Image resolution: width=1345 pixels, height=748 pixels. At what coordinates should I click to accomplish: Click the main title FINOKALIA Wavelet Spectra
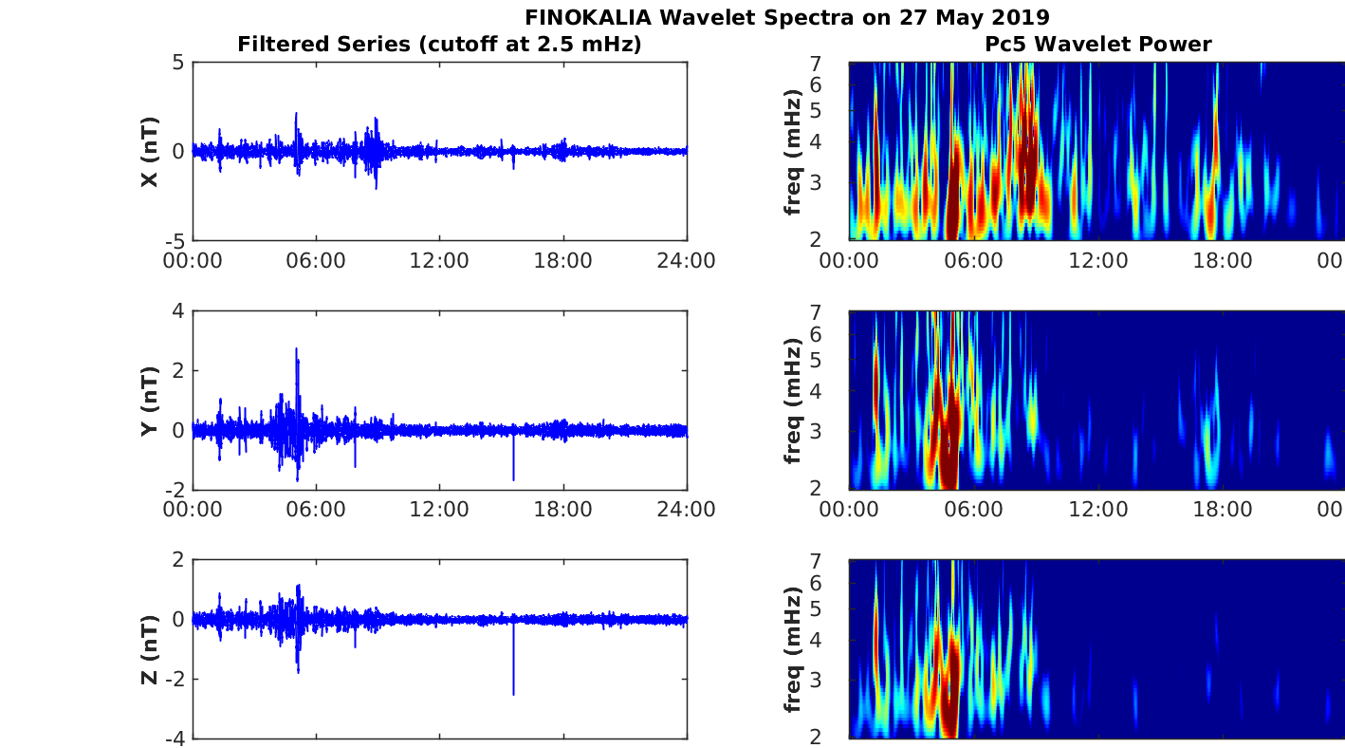(786, 17)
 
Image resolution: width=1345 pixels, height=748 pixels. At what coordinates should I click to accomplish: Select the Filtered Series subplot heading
(439, 44)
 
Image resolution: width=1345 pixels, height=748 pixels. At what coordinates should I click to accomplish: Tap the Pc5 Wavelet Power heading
(1097, 44)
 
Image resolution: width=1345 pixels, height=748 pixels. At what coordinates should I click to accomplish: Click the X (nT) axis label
(150, 152)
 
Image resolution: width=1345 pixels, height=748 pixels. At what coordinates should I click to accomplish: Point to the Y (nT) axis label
(150, 401)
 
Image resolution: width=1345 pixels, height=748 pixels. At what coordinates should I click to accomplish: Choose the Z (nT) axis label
(150, 649)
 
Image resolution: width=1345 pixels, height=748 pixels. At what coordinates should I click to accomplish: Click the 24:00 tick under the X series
(686, 261)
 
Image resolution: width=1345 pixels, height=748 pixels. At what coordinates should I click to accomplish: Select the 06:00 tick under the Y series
(316, 510)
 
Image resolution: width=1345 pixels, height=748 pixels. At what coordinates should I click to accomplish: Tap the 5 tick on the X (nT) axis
(176, 63)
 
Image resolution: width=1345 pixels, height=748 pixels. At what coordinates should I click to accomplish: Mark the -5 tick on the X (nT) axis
(173, 240)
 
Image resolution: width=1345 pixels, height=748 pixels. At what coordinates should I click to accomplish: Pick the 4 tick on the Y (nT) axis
(176, 311)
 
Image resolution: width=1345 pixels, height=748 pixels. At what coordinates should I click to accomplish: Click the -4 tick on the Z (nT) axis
(173, 739)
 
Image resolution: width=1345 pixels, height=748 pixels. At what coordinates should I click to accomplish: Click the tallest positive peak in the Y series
(297, 350)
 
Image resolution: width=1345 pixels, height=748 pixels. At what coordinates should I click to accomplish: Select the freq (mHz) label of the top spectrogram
(794, 152)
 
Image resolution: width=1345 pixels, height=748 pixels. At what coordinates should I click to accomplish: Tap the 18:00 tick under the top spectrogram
(1223, 261)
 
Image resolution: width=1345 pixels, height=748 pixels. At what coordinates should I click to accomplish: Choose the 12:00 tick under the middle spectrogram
(1098, 510)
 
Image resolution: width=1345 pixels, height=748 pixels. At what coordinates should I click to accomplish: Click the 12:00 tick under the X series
(439, 261)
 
